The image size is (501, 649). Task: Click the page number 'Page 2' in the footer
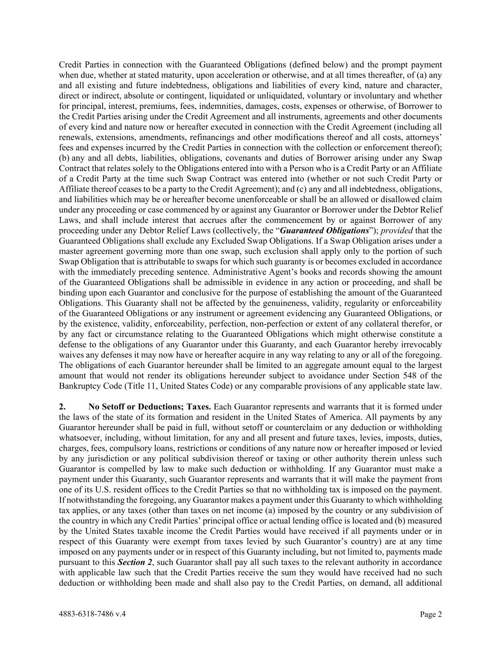431,614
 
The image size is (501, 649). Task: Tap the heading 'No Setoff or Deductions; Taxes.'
150,407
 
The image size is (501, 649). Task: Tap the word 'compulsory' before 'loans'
128,448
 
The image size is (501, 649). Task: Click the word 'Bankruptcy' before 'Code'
79,386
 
